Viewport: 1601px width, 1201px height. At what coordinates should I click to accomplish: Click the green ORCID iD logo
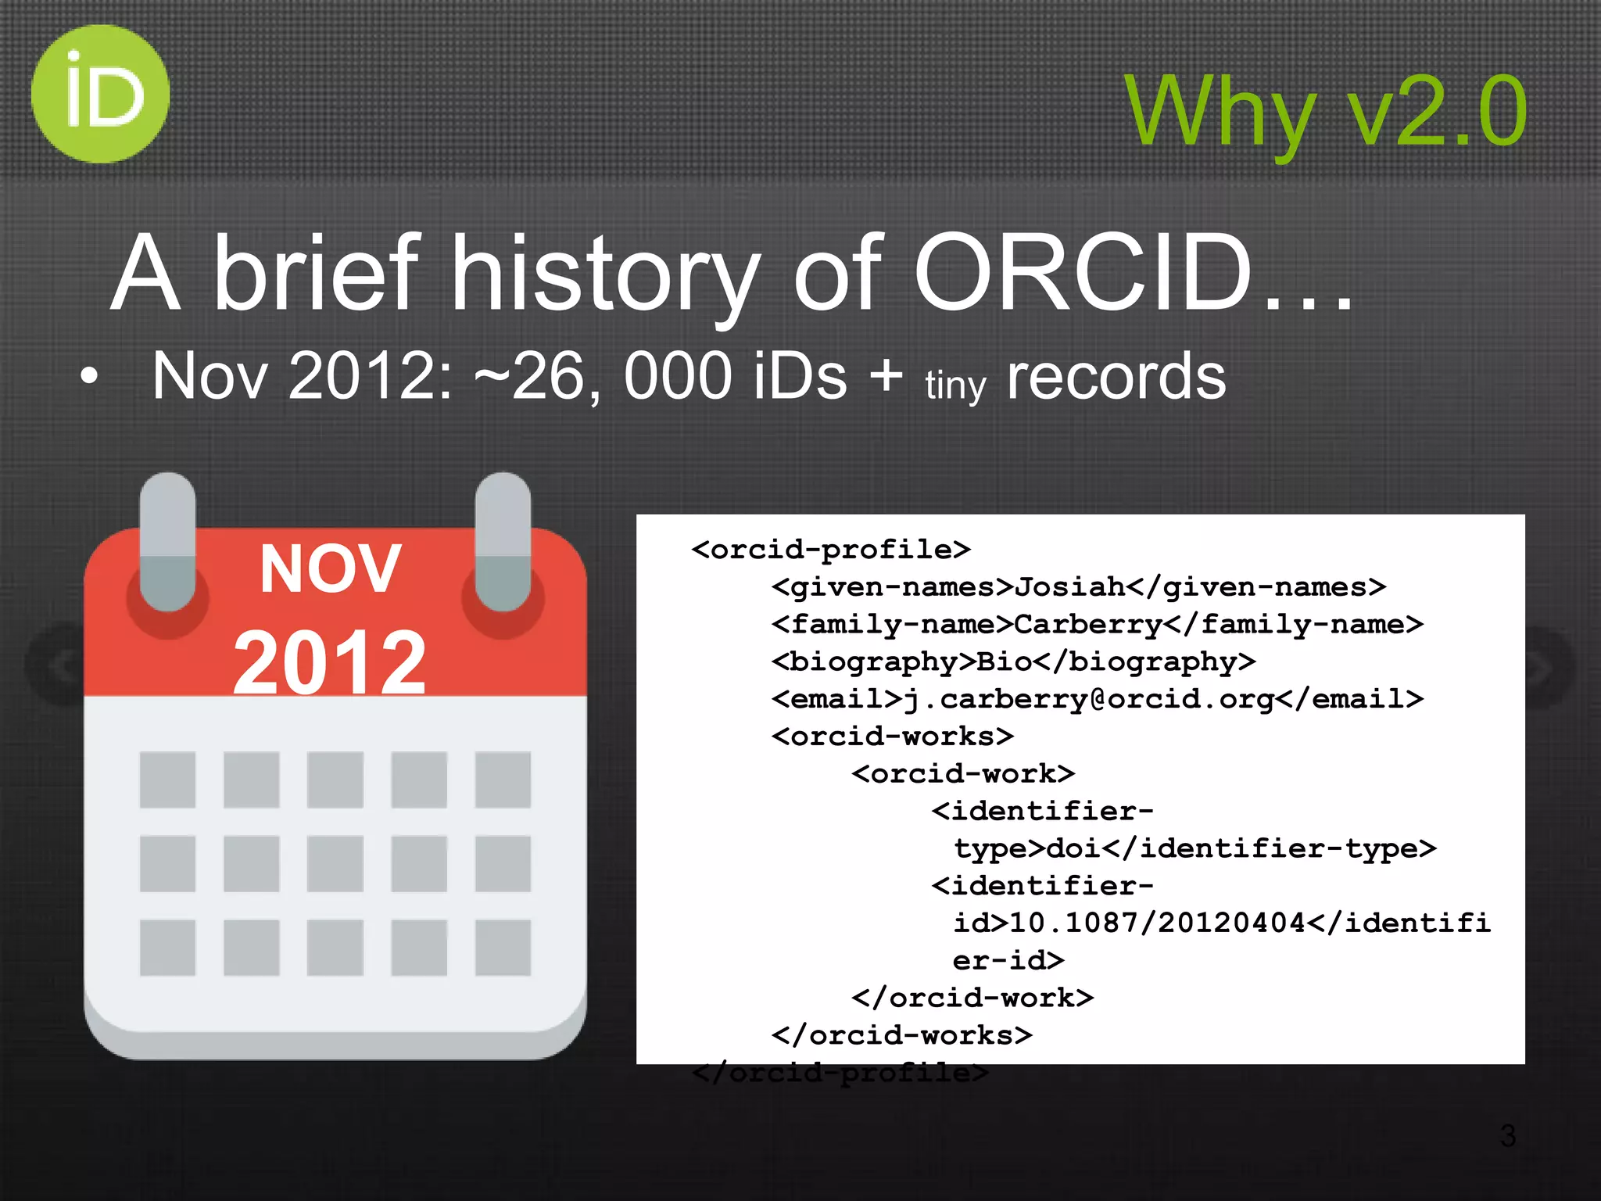[100, 94]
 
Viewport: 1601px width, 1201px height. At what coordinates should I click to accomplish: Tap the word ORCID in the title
[1083, 274]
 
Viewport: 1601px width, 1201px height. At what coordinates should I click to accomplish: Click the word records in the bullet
[1116, 377]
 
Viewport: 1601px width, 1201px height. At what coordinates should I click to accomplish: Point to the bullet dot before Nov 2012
[90, 376]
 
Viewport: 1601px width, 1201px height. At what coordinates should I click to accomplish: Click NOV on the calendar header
[331, 569]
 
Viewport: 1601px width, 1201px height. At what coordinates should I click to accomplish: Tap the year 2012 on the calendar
[330, 663]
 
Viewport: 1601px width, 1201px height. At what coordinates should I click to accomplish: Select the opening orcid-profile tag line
[831, 550]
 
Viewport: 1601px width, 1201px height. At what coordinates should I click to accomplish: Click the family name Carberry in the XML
[1088, 625]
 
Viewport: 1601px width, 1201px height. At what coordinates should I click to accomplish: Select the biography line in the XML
[1013, 662]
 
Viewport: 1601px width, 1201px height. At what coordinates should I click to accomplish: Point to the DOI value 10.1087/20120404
[1157, 923]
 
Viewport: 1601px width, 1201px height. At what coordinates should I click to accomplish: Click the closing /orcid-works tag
[901, 1036]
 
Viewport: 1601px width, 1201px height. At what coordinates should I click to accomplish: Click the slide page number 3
[1508, 1136]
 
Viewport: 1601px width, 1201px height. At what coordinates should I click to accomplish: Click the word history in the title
[606, 274]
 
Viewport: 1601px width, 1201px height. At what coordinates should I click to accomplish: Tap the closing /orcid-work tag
[972, 998]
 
